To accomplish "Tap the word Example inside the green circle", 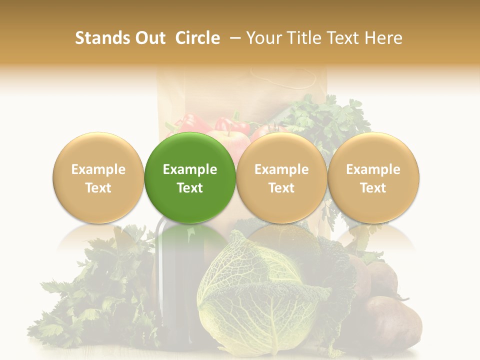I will click(190, 169).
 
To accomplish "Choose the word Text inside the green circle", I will click(190, 188).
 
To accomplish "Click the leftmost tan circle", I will click(98, 177).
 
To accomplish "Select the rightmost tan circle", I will click(373, 177).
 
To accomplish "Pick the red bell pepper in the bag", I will click(186, 124).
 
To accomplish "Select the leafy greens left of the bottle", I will click(100, 295).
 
